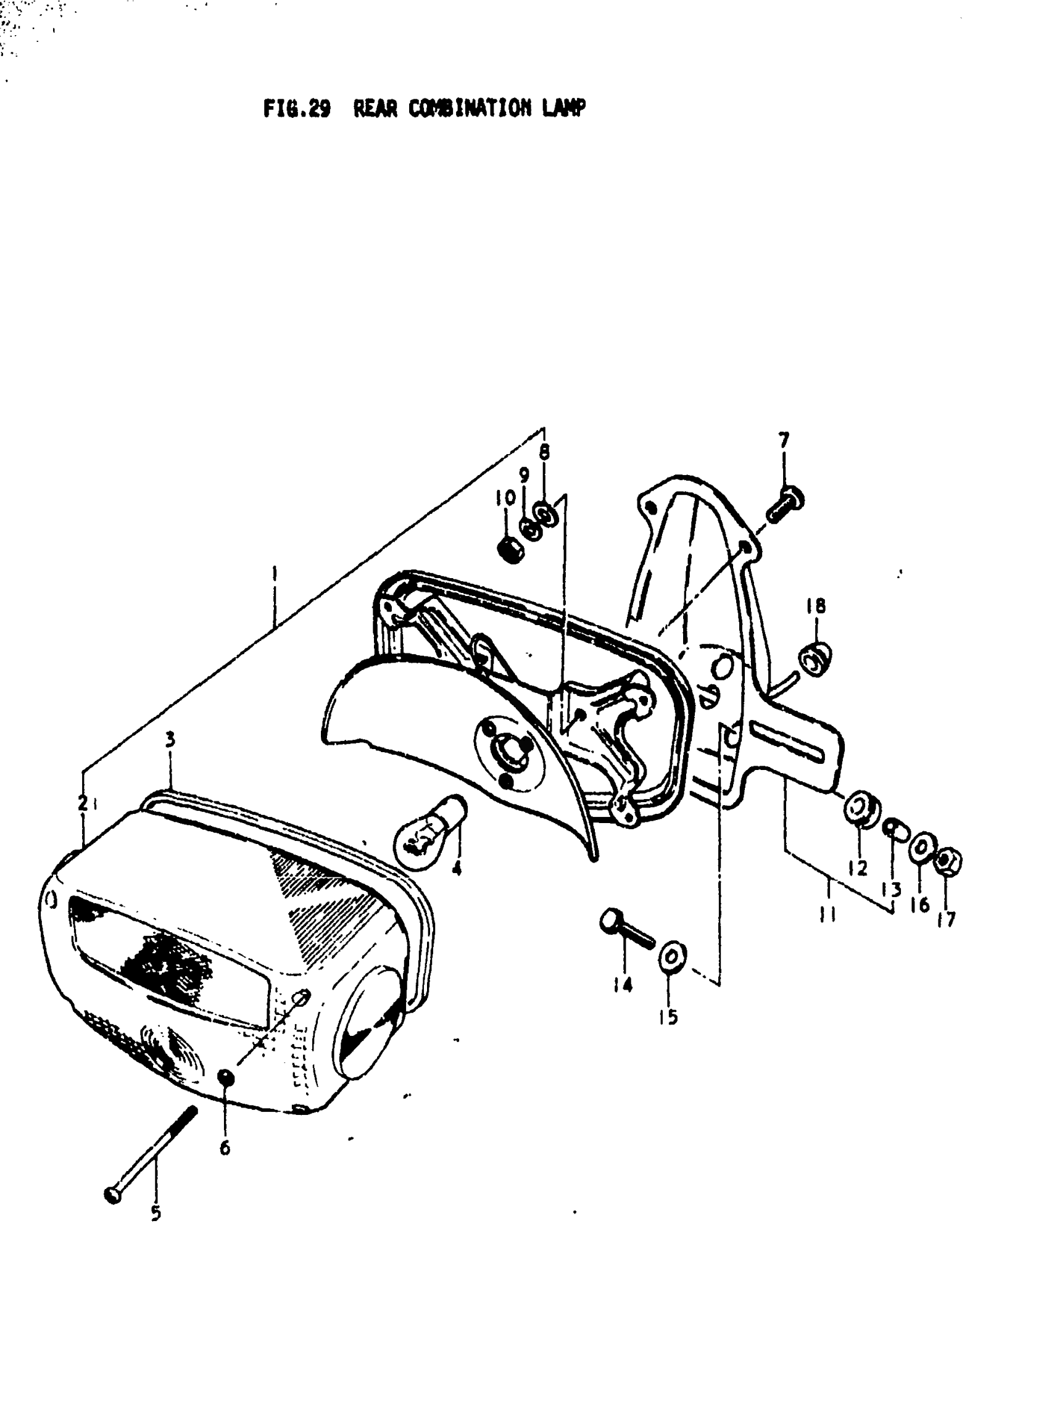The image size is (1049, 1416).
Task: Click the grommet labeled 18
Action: pos(815,659)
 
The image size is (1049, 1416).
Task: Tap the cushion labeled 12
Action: pos(860,809)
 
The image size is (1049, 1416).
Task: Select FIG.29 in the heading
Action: pos(297,109)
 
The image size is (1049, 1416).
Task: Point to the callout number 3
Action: pos(170,740)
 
